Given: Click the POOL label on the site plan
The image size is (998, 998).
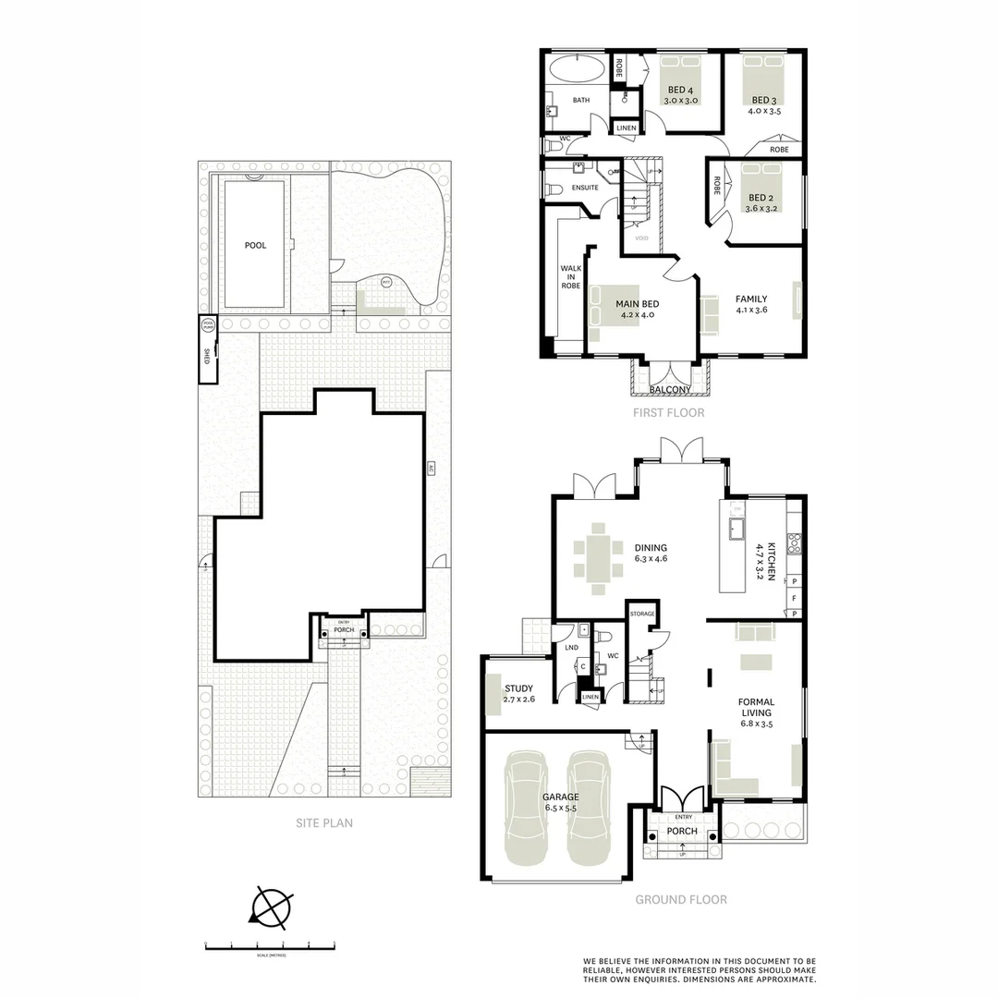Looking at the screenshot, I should click(255, 246).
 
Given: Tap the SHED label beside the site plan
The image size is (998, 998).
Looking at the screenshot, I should click(207, 357).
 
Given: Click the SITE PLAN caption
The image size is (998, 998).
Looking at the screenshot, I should click(323, 822).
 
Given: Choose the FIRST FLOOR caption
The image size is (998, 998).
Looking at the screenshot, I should click(668, 413).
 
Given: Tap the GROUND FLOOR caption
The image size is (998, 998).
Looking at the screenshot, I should click(680, 899).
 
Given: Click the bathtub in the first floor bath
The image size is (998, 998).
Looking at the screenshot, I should click(576, 69).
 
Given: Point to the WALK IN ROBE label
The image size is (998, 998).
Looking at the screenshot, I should click(571, 277).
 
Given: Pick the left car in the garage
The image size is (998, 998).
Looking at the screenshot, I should click(525, 808).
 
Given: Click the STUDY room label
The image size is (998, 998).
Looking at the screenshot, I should click(519, 688).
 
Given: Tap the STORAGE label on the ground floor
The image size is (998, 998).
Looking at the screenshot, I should click(642, 614).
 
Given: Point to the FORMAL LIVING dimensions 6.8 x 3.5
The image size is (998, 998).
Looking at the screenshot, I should click(756, 724).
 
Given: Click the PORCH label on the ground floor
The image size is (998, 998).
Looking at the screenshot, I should click(683, 831).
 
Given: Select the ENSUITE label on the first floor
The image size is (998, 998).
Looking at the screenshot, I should click(586, 188).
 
